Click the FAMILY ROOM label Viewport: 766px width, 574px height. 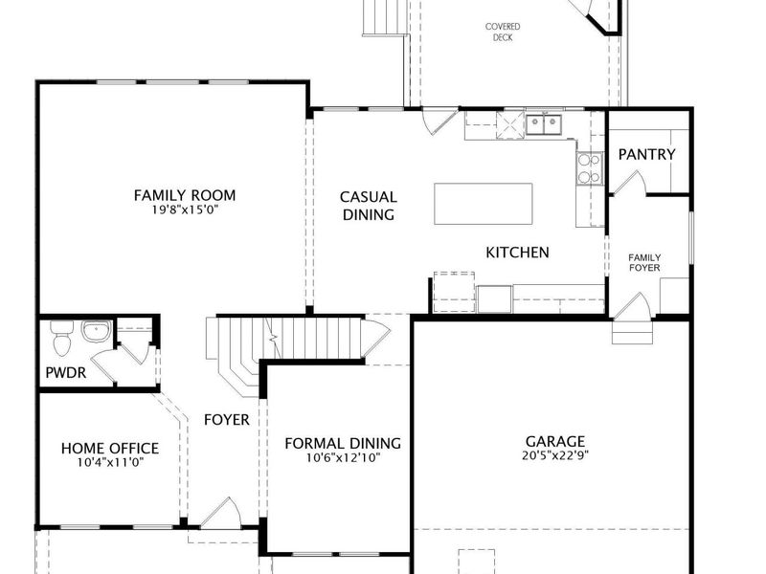pos(185,195)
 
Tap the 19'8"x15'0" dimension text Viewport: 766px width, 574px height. pos(185,210)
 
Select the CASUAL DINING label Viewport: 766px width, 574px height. pos(369,206)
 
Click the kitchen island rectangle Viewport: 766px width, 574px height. pos(484,204)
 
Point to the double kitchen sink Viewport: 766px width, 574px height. pos(544,124)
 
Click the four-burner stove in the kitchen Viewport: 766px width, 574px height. pos(589,168)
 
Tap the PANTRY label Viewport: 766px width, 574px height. pos(647,155)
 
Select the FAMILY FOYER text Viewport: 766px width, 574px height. pos(644,262)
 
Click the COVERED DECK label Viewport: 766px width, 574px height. pos(502,32)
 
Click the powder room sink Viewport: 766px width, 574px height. pos(97,331)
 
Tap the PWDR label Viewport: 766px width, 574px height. pos(65,373)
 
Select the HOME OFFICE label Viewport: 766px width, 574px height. pos(110,448)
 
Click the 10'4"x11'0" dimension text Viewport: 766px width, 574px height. pos(111,462)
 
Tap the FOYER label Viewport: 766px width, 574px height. pos(227,420)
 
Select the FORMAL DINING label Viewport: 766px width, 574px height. pos(343,443)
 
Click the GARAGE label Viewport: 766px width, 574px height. pos(555,441)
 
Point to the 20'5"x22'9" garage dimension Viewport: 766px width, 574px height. pos(555,456)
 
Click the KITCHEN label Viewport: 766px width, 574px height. pos(517,253)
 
